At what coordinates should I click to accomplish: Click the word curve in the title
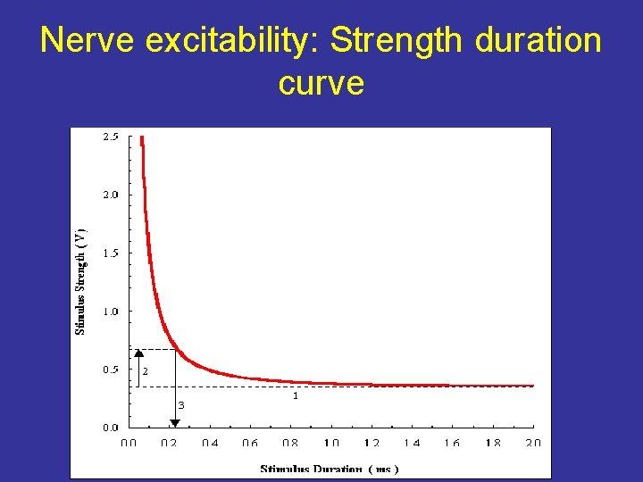coord(321,83)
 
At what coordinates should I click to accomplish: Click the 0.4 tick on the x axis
coord(210,443)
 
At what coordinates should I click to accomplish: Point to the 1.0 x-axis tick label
coord(331,443)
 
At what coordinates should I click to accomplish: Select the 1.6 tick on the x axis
coord(453,443)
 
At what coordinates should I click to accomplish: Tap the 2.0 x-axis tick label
coord(533,443)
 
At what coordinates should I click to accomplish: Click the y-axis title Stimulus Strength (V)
coord(81,278)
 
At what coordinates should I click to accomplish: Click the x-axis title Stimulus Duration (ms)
coord(330,469)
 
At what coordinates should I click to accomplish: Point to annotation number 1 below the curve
coord(296,395)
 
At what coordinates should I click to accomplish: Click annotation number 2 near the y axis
coord(145,370)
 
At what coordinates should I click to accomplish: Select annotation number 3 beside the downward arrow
coord(181,405)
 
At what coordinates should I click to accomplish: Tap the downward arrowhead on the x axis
coord(174,422)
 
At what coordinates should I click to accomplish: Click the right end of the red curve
coord(532,386)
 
